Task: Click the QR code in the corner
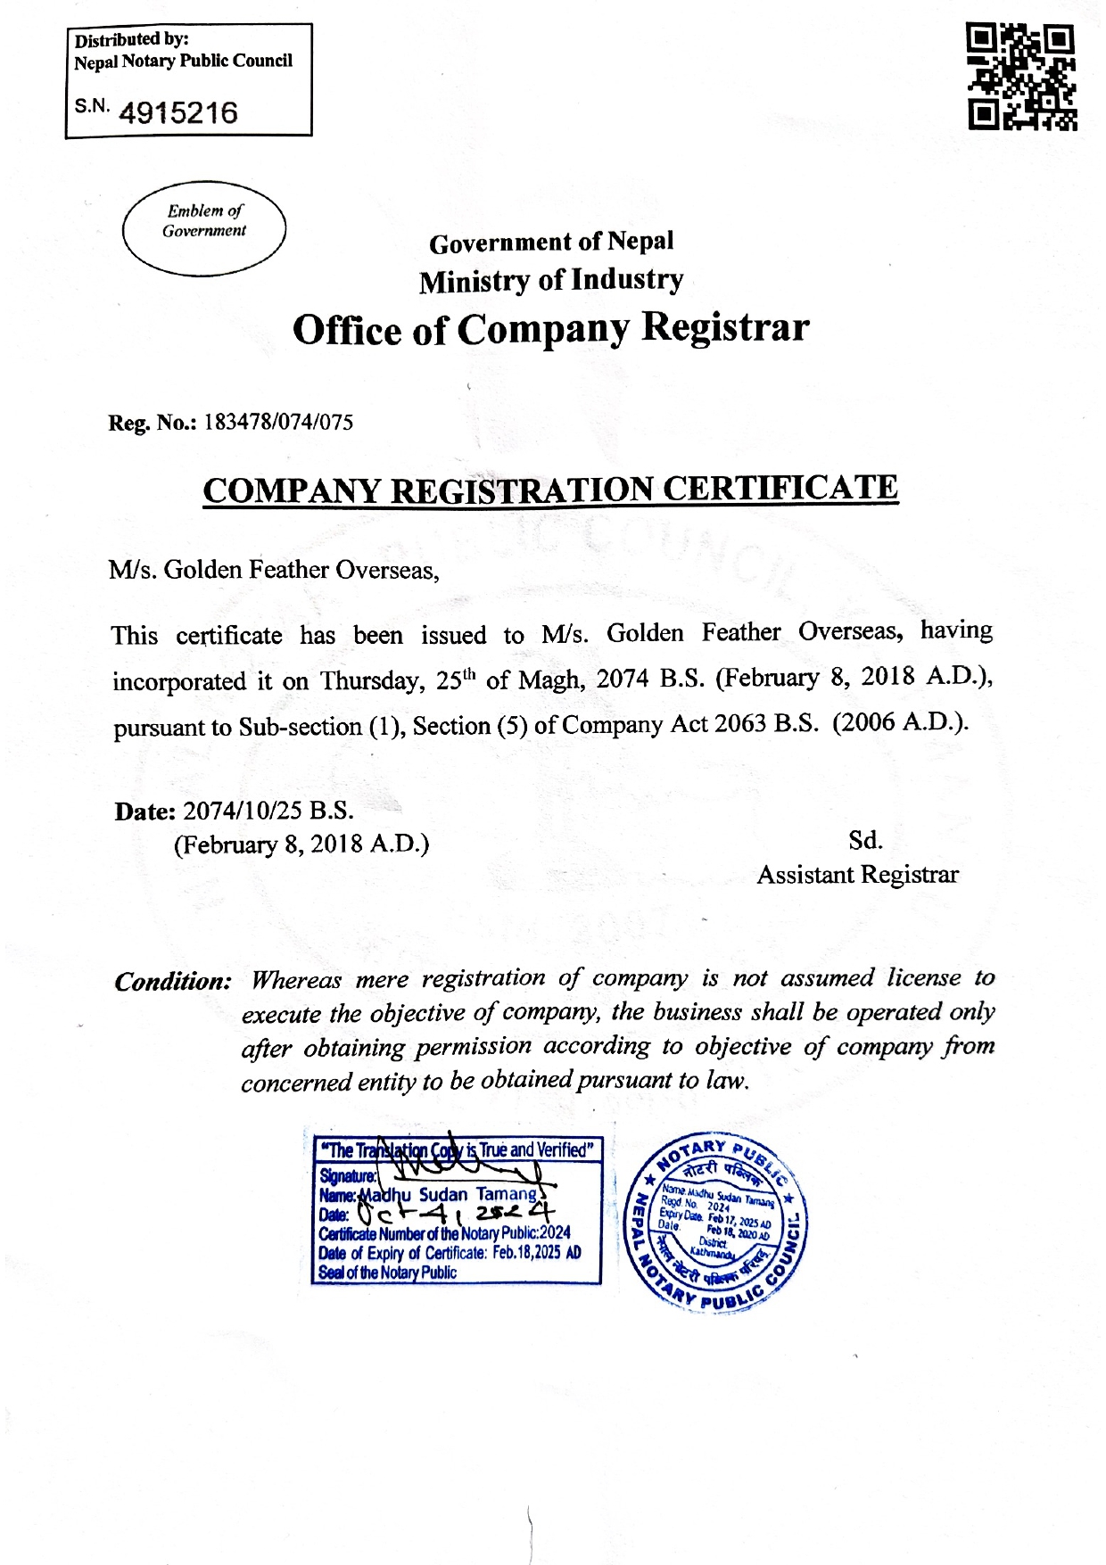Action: pos(1021,78)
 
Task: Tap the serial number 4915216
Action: pos(177,113)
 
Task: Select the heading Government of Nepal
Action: pos(551,243)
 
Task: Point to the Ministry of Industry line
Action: pos(551,281)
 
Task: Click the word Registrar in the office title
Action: pos(725,328)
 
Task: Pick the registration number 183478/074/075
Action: pos(278,423)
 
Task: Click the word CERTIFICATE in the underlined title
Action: pos(780,489)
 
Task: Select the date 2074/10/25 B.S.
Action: pos(268,811)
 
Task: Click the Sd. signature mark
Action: pos(865,840)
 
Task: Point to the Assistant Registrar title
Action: pos(857,875)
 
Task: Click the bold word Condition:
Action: pos(173,982)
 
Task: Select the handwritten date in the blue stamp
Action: pos(455,1214)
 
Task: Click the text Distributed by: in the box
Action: pos(131,40)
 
